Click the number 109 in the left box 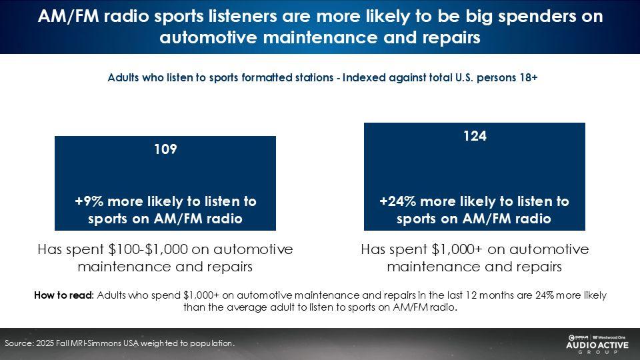(x=165, y=149)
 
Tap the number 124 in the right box (x=475, y=136)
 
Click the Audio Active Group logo (x=597, y=344)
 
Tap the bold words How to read (x=64, y=295)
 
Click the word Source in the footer (x=19, y=343)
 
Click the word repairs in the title (x=451, y=38)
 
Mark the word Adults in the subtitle (x=123, y=77)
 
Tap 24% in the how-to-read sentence (x=545, y=295)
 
